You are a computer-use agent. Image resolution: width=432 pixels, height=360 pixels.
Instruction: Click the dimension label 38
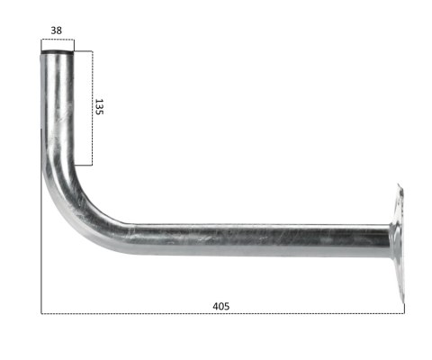(57, 30)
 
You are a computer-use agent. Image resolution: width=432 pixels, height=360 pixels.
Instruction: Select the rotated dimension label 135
(100, 108)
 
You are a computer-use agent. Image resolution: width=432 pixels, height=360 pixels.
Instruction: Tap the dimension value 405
(220, 306)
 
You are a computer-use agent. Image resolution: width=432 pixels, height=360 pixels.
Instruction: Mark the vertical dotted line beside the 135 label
(92, 108)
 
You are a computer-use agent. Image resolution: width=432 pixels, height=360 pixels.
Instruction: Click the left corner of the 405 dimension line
(41, 313)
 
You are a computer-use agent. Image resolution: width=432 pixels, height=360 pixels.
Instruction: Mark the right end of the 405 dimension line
(404, 313)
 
